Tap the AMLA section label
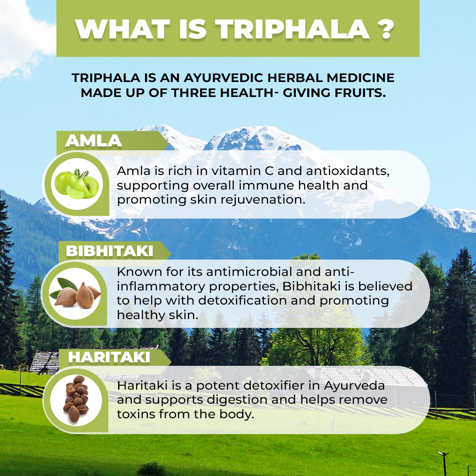(93, 141)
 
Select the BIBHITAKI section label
(110, 251)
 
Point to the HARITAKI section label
(109, 357)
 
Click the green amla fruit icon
(77, 184)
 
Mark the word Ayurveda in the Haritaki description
(354, 386)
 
